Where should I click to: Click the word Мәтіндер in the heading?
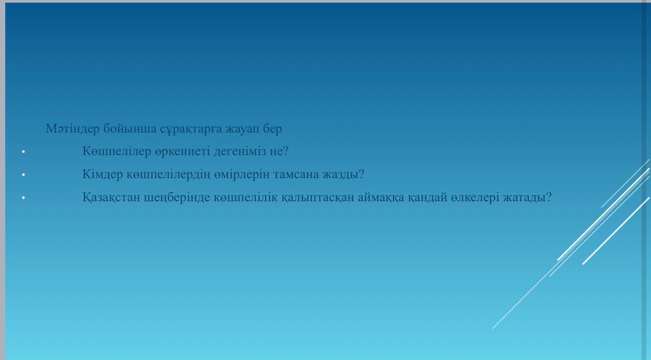click(x=73, y=128)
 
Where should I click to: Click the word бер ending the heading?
click(x=273, y=129)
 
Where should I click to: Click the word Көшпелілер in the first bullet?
click(x=117, y=151)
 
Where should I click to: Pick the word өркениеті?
click(x=182, y=151)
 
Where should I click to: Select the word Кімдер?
click(x=103, y=174)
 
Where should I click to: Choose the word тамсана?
click(x=296, y=174)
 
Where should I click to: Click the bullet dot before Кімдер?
click(x=24, y=174)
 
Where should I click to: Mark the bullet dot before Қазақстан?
click(x=24, y=198)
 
